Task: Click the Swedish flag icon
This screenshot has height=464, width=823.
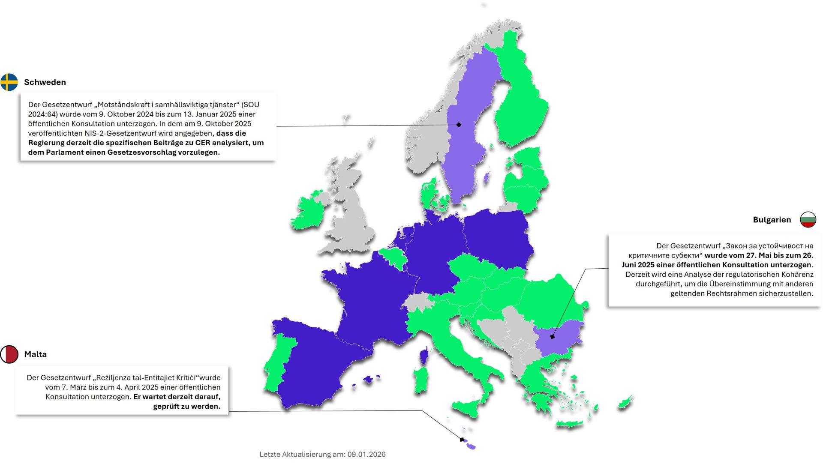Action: [9, 82]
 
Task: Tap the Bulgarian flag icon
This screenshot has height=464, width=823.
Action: [808, 220]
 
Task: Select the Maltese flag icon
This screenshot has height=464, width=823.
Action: [9, 354]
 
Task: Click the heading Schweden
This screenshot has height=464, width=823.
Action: [45, 82]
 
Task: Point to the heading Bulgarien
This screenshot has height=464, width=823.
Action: [772, 220]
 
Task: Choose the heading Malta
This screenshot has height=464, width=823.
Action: [36, 354]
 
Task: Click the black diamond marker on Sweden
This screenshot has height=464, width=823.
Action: [459, 125]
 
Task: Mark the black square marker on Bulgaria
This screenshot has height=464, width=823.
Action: [552, 337]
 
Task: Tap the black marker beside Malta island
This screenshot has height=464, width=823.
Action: [462, 440]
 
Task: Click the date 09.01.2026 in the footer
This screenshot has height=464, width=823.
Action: [366, 455]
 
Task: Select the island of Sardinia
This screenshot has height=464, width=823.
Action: [421, 379]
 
